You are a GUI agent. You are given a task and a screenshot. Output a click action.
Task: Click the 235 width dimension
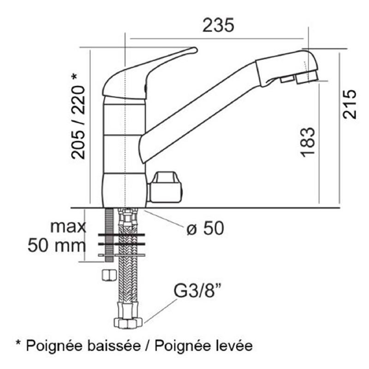coord(219,25)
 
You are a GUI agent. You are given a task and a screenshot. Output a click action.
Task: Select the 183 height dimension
coord(308,141)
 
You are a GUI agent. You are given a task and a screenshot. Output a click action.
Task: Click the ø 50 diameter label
coord(205,228)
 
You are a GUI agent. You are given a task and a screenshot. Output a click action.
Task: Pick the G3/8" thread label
coord(197,292)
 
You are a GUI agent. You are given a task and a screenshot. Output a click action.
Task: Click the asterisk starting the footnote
coord(19,344)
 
